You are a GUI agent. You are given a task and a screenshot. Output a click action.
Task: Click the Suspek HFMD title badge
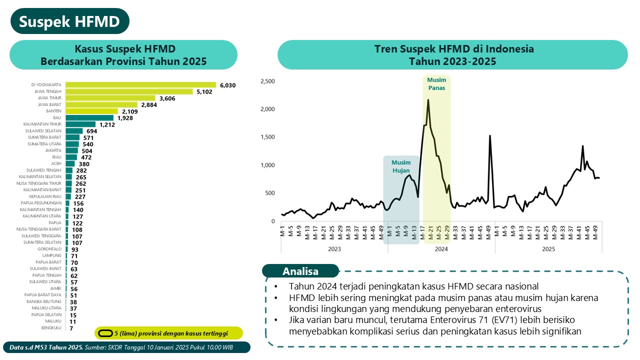point(69,21)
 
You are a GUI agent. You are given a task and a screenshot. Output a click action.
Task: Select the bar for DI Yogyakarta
point(140,85)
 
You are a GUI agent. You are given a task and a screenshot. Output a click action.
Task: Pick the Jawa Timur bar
point(110,98)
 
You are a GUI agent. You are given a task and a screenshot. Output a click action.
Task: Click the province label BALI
point(57,118)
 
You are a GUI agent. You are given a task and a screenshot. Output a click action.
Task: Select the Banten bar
point(91,111)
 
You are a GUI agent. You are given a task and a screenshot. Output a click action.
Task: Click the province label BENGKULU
point(51,328)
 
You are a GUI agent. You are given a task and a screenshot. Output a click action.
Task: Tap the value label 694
point(91,131)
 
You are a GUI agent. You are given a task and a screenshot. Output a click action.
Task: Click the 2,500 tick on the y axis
point(268,81)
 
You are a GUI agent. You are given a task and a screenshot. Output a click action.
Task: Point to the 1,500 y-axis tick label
point(268,137)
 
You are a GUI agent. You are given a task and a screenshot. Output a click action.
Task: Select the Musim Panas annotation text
point(436,83)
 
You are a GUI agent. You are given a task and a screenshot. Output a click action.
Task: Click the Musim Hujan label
point(401,166)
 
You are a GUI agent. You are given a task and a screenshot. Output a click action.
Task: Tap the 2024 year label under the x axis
point(441,248)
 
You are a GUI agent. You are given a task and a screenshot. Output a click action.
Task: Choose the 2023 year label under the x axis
point(334,248)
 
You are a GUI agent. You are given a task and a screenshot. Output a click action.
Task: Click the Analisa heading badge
point(300,271)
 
